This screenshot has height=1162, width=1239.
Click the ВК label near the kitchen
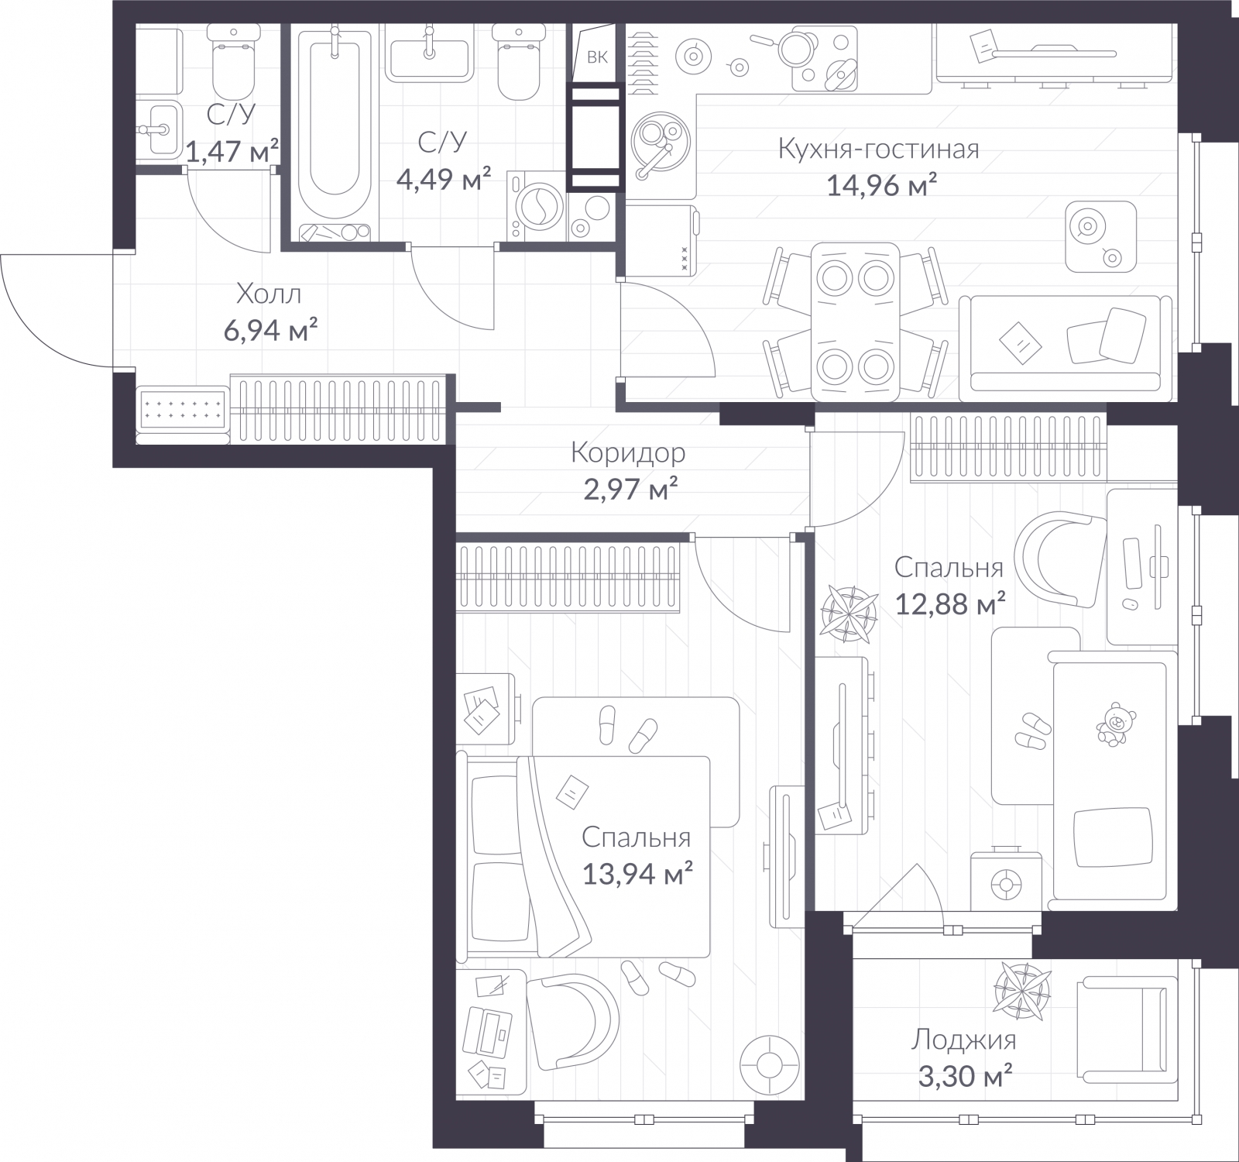[596, 57]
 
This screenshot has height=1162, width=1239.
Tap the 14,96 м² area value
[882, 185]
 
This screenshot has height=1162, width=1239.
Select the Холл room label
[268, 294]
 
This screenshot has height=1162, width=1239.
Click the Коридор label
[628, 452]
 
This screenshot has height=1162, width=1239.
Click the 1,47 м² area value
[232, 150]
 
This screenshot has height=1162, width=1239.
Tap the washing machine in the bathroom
[537, 206]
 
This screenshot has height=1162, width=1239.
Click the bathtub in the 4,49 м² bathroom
[334, 132]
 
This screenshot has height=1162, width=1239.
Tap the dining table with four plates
[855, 321]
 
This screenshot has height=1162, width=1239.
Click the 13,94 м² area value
[637, 875]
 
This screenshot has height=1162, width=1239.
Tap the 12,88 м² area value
[949, 603]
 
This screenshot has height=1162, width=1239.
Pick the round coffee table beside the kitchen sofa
[1100, 235]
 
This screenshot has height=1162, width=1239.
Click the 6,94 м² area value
[270, 331]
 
